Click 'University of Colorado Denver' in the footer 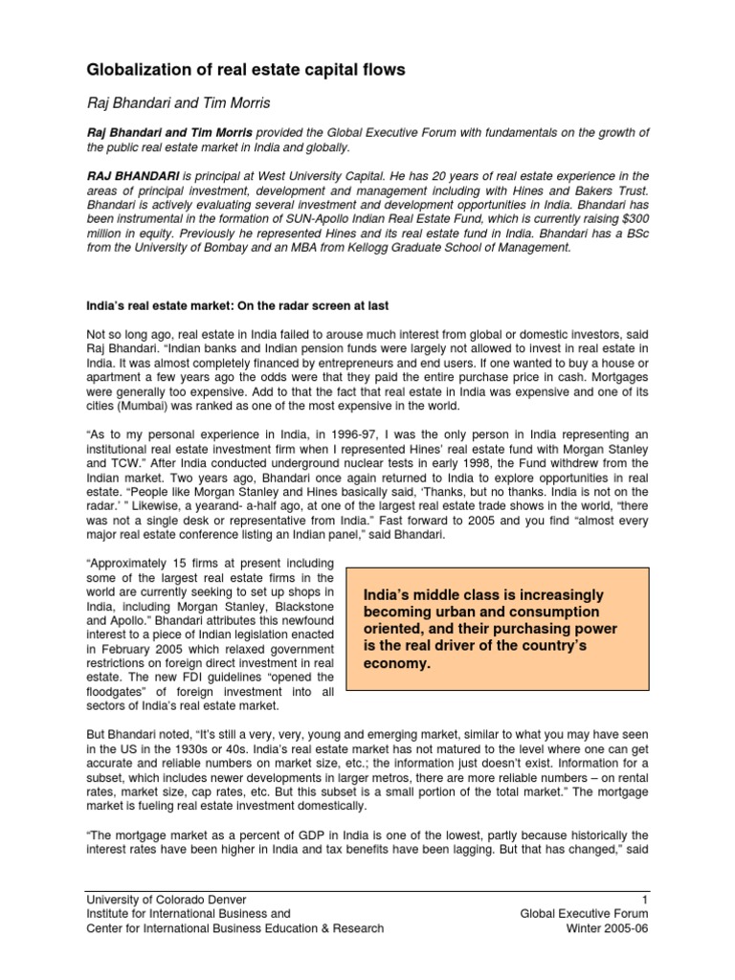[167, 900]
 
